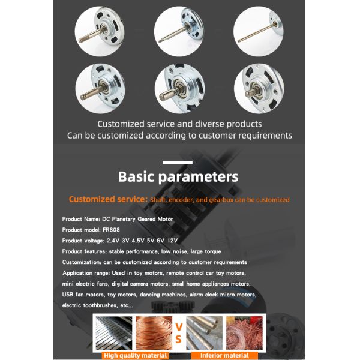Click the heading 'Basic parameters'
178,177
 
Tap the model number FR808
111,230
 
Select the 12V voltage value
172,241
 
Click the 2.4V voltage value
113,241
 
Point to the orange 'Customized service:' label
108,199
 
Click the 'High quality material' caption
135,355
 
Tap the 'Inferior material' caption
224,355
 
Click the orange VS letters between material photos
179,333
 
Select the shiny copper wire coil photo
154,333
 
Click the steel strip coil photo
114,333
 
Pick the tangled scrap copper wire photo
244,333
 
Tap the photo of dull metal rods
205,333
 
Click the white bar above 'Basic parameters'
178,163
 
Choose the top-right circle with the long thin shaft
258,31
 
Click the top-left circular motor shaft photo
100,31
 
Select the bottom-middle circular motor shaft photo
179,89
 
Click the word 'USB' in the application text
67,295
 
